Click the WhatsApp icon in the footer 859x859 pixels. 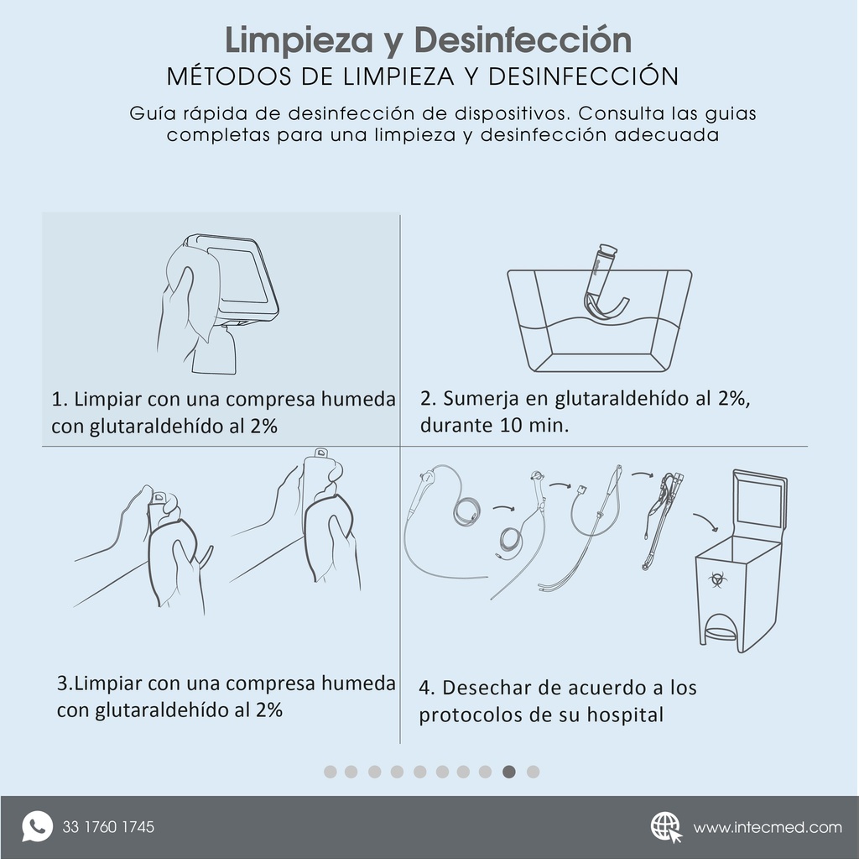click(36, 826)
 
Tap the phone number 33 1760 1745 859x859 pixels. click(108, 827)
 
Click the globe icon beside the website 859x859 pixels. click(666, 826)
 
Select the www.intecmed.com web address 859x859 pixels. click(767, 828)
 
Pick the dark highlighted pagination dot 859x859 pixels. click(509, 772)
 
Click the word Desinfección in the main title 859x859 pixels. click(523, 39)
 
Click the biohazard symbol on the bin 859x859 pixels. click(716, 579)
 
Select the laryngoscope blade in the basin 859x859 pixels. click(605, 290)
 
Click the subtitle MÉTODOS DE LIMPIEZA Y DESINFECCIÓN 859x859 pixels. click(422, 76)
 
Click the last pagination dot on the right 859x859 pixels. click(533, 772)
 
